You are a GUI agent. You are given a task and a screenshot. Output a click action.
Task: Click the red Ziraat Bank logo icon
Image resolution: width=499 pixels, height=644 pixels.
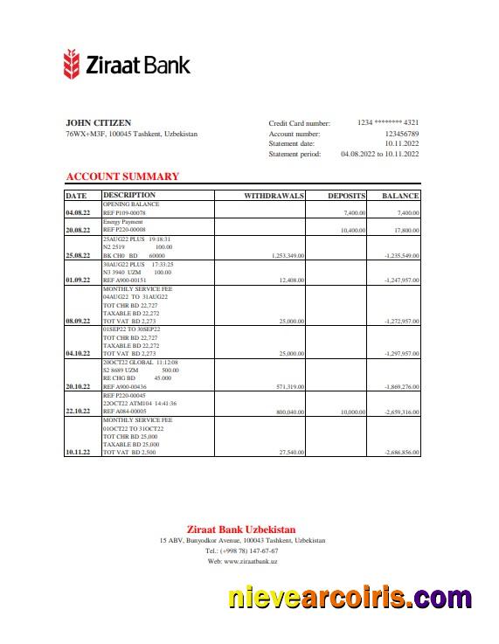(x=73, y=64)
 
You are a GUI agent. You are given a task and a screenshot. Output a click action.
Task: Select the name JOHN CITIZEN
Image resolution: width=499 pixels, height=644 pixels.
(x=99, y=122)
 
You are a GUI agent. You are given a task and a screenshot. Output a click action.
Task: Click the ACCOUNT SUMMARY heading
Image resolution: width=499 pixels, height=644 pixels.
(x=122, y=177)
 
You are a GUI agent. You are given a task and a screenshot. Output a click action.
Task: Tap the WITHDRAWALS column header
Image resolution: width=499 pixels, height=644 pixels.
(x=274, y=196)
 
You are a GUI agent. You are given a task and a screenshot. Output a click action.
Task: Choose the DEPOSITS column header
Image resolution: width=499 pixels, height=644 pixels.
(x=346, y=196)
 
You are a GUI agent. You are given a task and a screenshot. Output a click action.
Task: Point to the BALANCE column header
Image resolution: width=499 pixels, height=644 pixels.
(x=400, y=196)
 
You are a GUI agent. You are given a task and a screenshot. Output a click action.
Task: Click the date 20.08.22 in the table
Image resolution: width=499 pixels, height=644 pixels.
(x=78, y=231)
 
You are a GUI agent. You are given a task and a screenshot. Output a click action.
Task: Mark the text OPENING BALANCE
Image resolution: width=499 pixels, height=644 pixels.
(x=125, y=204)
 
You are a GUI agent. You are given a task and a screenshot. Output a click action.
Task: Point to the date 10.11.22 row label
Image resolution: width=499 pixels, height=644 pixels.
(x=78, y=453)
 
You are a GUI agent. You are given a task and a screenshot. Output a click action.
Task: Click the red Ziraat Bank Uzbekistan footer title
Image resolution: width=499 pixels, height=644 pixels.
(x=241, y=529)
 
